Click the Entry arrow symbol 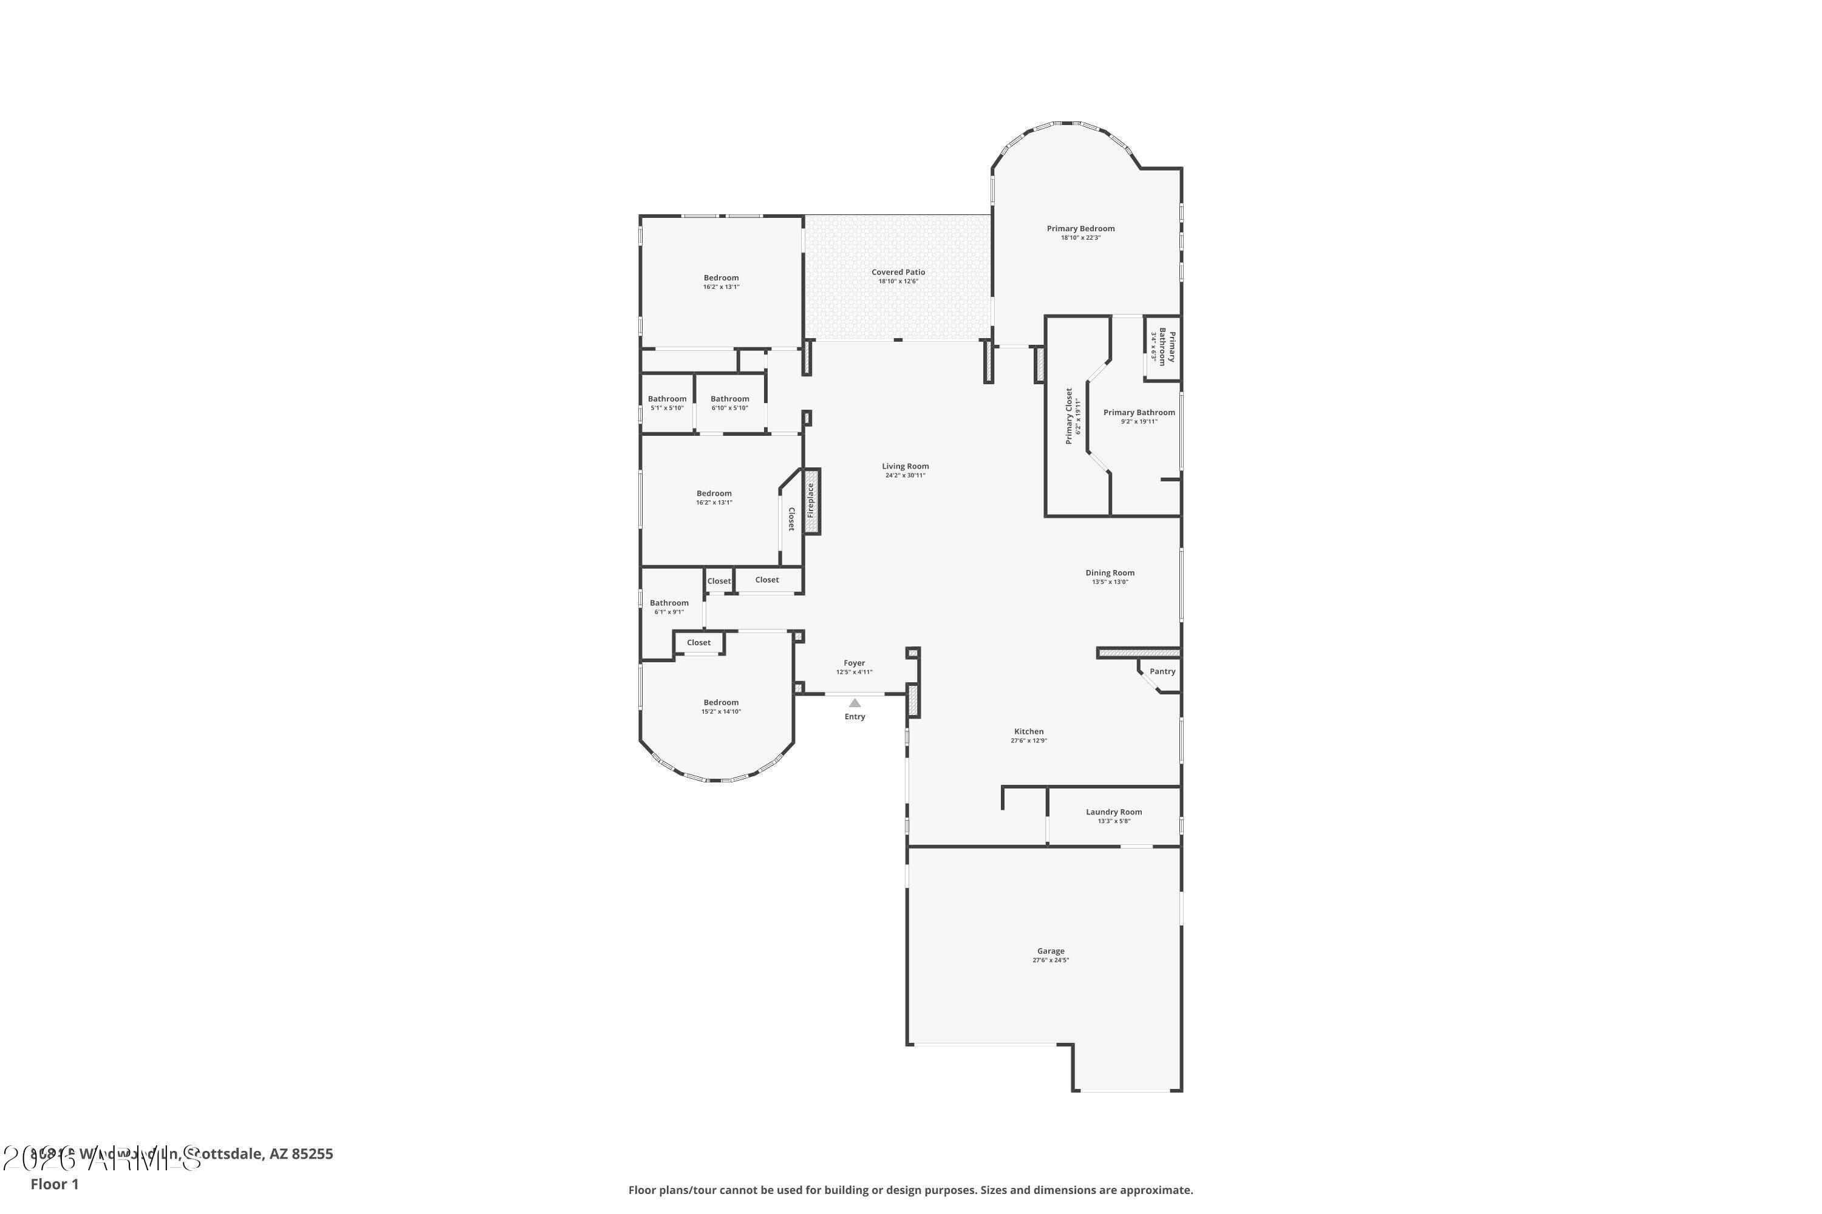coord(855,703)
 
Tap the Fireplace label coord(811,501)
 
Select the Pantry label coord(1162,671)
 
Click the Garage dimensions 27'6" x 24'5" coord(1051,960)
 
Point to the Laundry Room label coord(1113,812)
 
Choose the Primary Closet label coord(1069,416)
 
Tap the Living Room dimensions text coord(905,475)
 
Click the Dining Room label coord(1110,573)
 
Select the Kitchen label coord(1029,731)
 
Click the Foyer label coord(854,663)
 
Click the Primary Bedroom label coord(1080,228)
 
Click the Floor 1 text coord(54,1184)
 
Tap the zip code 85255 coord(312,1154)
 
